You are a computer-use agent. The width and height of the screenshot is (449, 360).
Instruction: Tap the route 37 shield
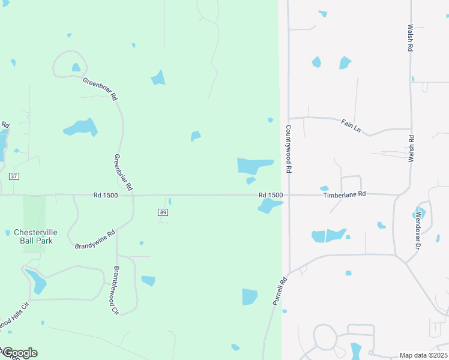click(x=14, y=176)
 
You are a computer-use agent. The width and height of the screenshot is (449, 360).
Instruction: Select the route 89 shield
click(x=163, y=212)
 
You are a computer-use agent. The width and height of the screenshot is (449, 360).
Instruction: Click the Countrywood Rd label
click(x=289, y=150)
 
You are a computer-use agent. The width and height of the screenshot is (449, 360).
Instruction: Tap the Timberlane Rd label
click(x=344, y=195)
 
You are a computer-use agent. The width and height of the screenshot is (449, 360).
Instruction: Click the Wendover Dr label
click(x=418, y=229)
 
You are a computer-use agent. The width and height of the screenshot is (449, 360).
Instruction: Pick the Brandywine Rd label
click(x=95, y=240)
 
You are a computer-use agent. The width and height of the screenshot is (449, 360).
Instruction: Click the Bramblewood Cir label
click(x=115, y=290)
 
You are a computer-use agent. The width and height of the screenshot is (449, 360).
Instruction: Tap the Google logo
click(x=19, y=353)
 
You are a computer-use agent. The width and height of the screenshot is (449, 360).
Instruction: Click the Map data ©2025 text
click(x=423, y=355)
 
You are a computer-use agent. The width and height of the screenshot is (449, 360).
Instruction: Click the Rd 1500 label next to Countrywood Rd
click(x=271, y=195)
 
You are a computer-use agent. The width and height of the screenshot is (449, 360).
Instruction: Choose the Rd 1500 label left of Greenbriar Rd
click(x=106, y=195)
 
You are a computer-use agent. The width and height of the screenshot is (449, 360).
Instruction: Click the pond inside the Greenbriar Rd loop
click(x=76, y=67)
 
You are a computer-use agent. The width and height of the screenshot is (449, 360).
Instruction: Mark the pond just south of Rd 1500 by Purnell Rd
click(x=269, y=206)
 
